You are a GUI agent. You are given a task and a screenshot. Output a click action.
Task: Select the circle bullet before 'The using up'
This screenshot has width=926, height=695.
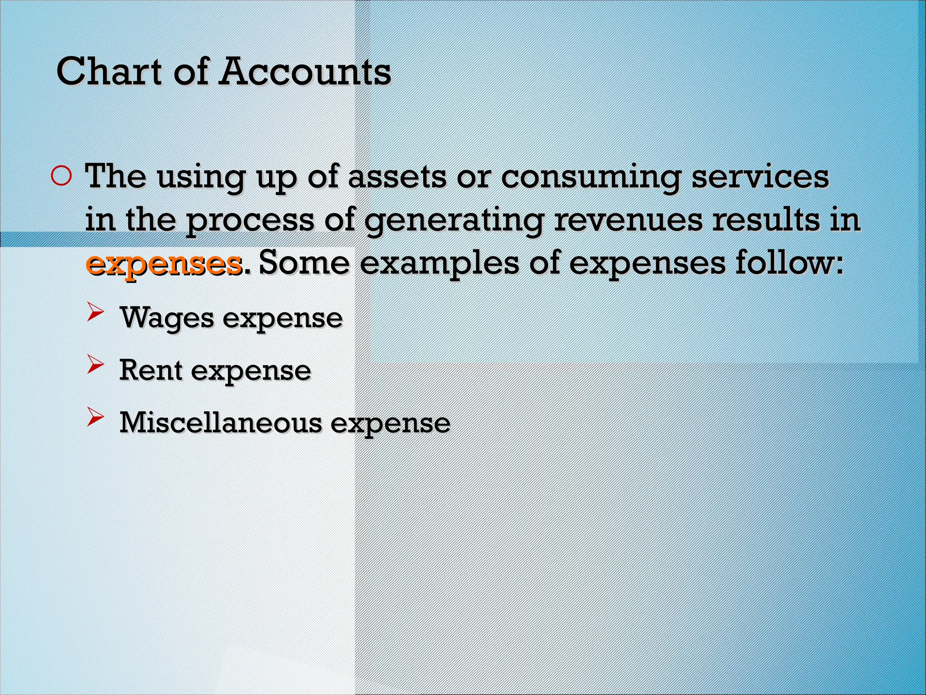point(61,177)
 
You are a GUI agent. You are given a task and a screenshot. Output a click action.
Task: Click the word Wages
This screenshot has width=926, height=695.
point(167,319)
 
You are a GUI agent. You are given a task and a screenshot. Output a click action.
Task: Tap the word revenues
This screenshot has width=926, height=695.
point(628,221)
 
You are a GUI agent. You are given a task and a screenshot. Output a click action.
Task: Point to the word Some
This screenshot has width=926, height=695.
point(304,263)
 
